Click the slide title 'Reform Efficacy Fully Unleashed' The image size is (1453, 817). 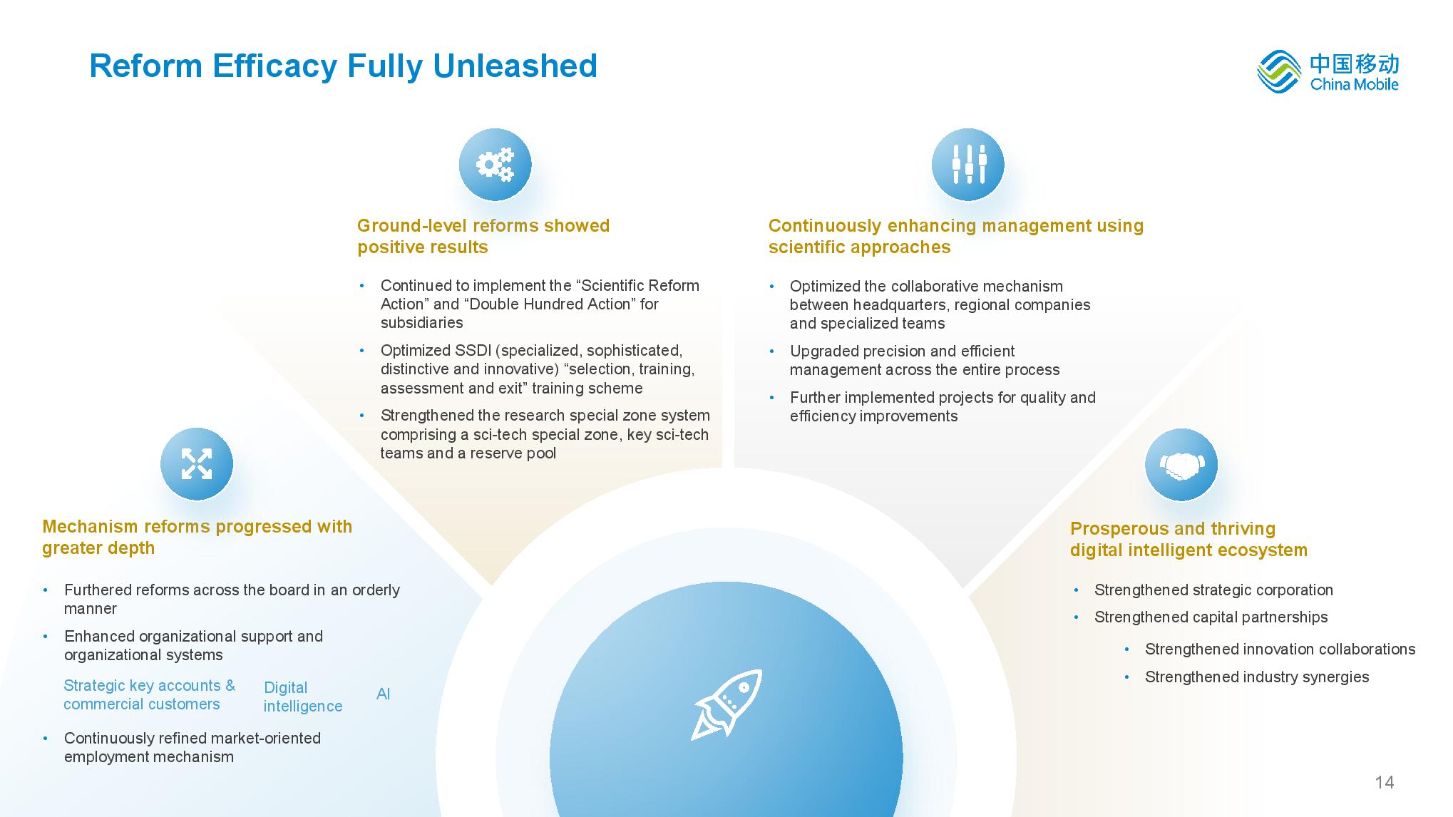point(343,66)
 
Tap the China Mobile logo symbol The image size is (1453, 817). point(1279,71)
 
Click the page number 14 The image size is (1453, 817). point(1384,782)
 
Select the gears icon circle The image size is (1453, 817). point(495,165)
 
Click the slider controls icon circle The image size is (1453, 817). point(968,165)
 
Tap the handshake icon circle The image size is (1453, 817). point(1181,465)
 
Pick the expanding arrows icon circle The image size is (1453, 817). point(197,464)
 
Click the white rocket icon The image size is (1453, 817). point(726,705)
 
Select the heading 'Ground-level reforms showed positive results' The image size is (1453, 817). point(483,236)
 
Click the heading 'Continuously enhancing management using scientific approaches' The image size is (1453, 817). point(956,236)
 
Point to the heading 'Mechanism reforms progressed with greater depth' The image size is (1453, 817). point(197,537)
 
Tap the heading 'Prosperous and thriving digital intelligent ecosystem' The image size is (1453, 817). point(1188,539)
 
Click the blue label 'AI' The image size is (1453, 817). point(383,694)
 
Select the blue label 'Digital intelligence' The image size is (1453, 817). point(303,697)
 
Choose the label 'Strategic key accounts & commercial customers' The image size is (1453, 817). point(149,694)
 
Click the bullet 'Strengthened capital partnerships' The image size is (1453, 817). point(1211,617)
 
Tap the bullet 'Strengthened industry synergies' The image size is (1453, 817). point(1257,677)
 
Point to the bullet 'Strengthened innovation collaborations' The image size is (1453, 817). point(1280,649)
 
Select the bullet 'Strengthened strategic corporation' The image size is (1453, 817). point(1213,590)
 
